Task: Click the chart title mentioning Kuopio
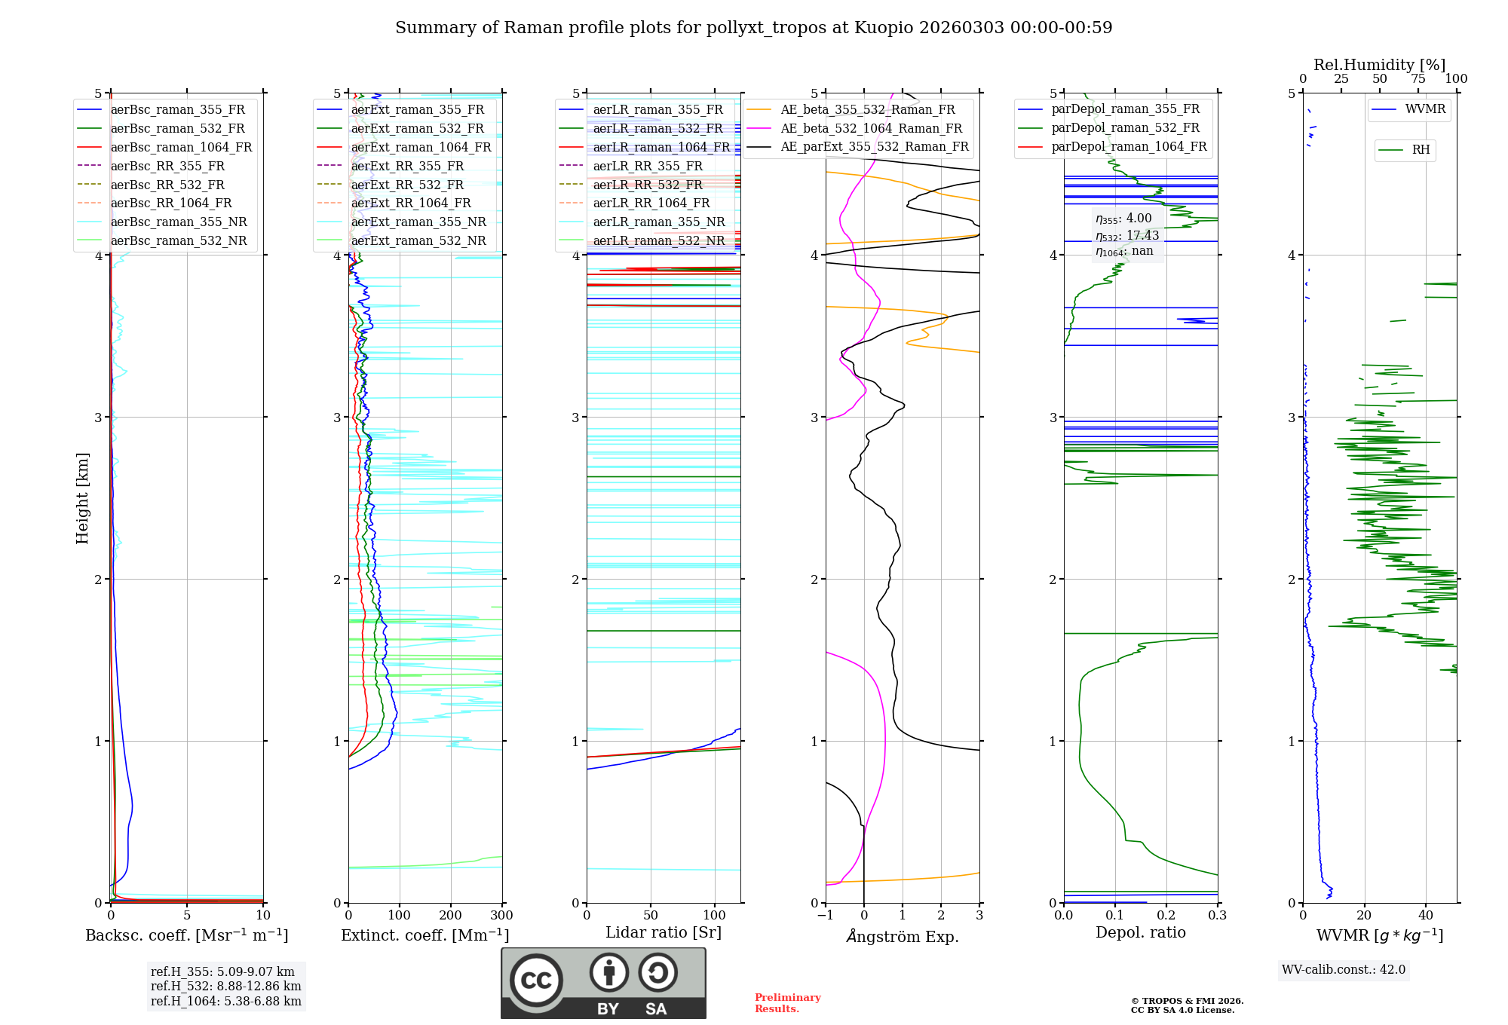click(753, 28)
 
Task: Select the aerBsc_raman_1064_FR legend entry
click(181, 147)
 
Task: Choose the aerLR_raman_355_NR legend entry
click(658, 222)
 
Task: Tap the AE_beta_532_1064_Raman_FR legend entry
click(871, 128)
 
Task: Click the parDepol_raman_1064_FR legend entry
click(1129, 146)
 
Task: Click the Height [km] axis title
click(82, 498)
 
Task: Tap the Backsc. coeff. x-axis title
click(186, 935)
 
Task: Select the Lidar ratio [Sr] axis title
click(663, 932)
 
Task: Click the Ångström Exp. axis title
click(903, 936)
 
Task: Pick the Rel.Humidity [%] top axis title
click(1379, 65)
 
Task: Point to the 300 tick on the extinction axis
click(501, 916)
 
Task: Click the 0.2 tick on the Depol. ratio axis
click(1166, 916)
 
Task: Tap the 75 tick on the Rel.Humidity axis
click(1418, 79)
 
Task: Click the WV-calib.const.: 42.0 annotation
click(1344, 969)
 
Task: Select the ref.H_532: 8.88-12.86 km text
click(225, 986)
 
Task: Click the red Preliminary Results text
click(787, 1002)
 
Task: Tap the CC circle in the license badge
click(536, 980)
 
